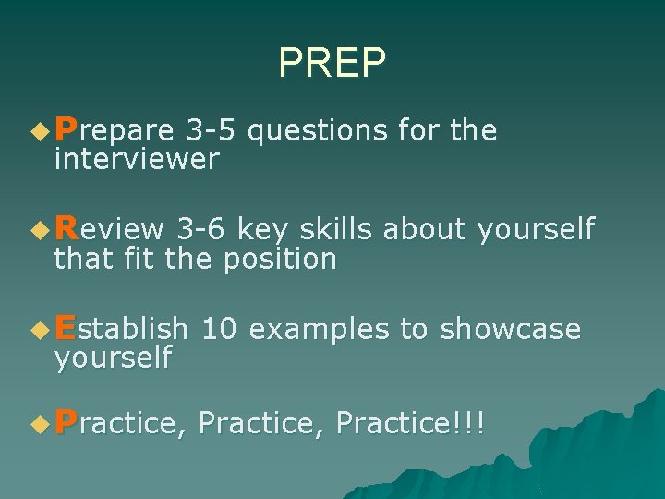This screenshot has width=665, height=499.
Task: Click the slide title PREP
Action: pos(332,62)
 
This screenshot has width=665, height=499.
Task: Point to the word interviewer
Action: pos(137,160)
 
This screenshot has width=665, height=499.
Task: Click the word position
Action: pos(279,260)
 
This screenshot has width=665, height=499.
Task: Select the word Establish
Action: pos(121,328)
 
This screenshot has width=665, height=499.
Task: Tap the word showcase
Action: pos(510,328)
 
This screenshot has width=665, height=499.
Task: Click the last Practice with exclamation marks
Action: pos(410,423)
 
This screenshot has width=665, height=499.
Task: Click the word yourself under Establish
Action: pos(113,358)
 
